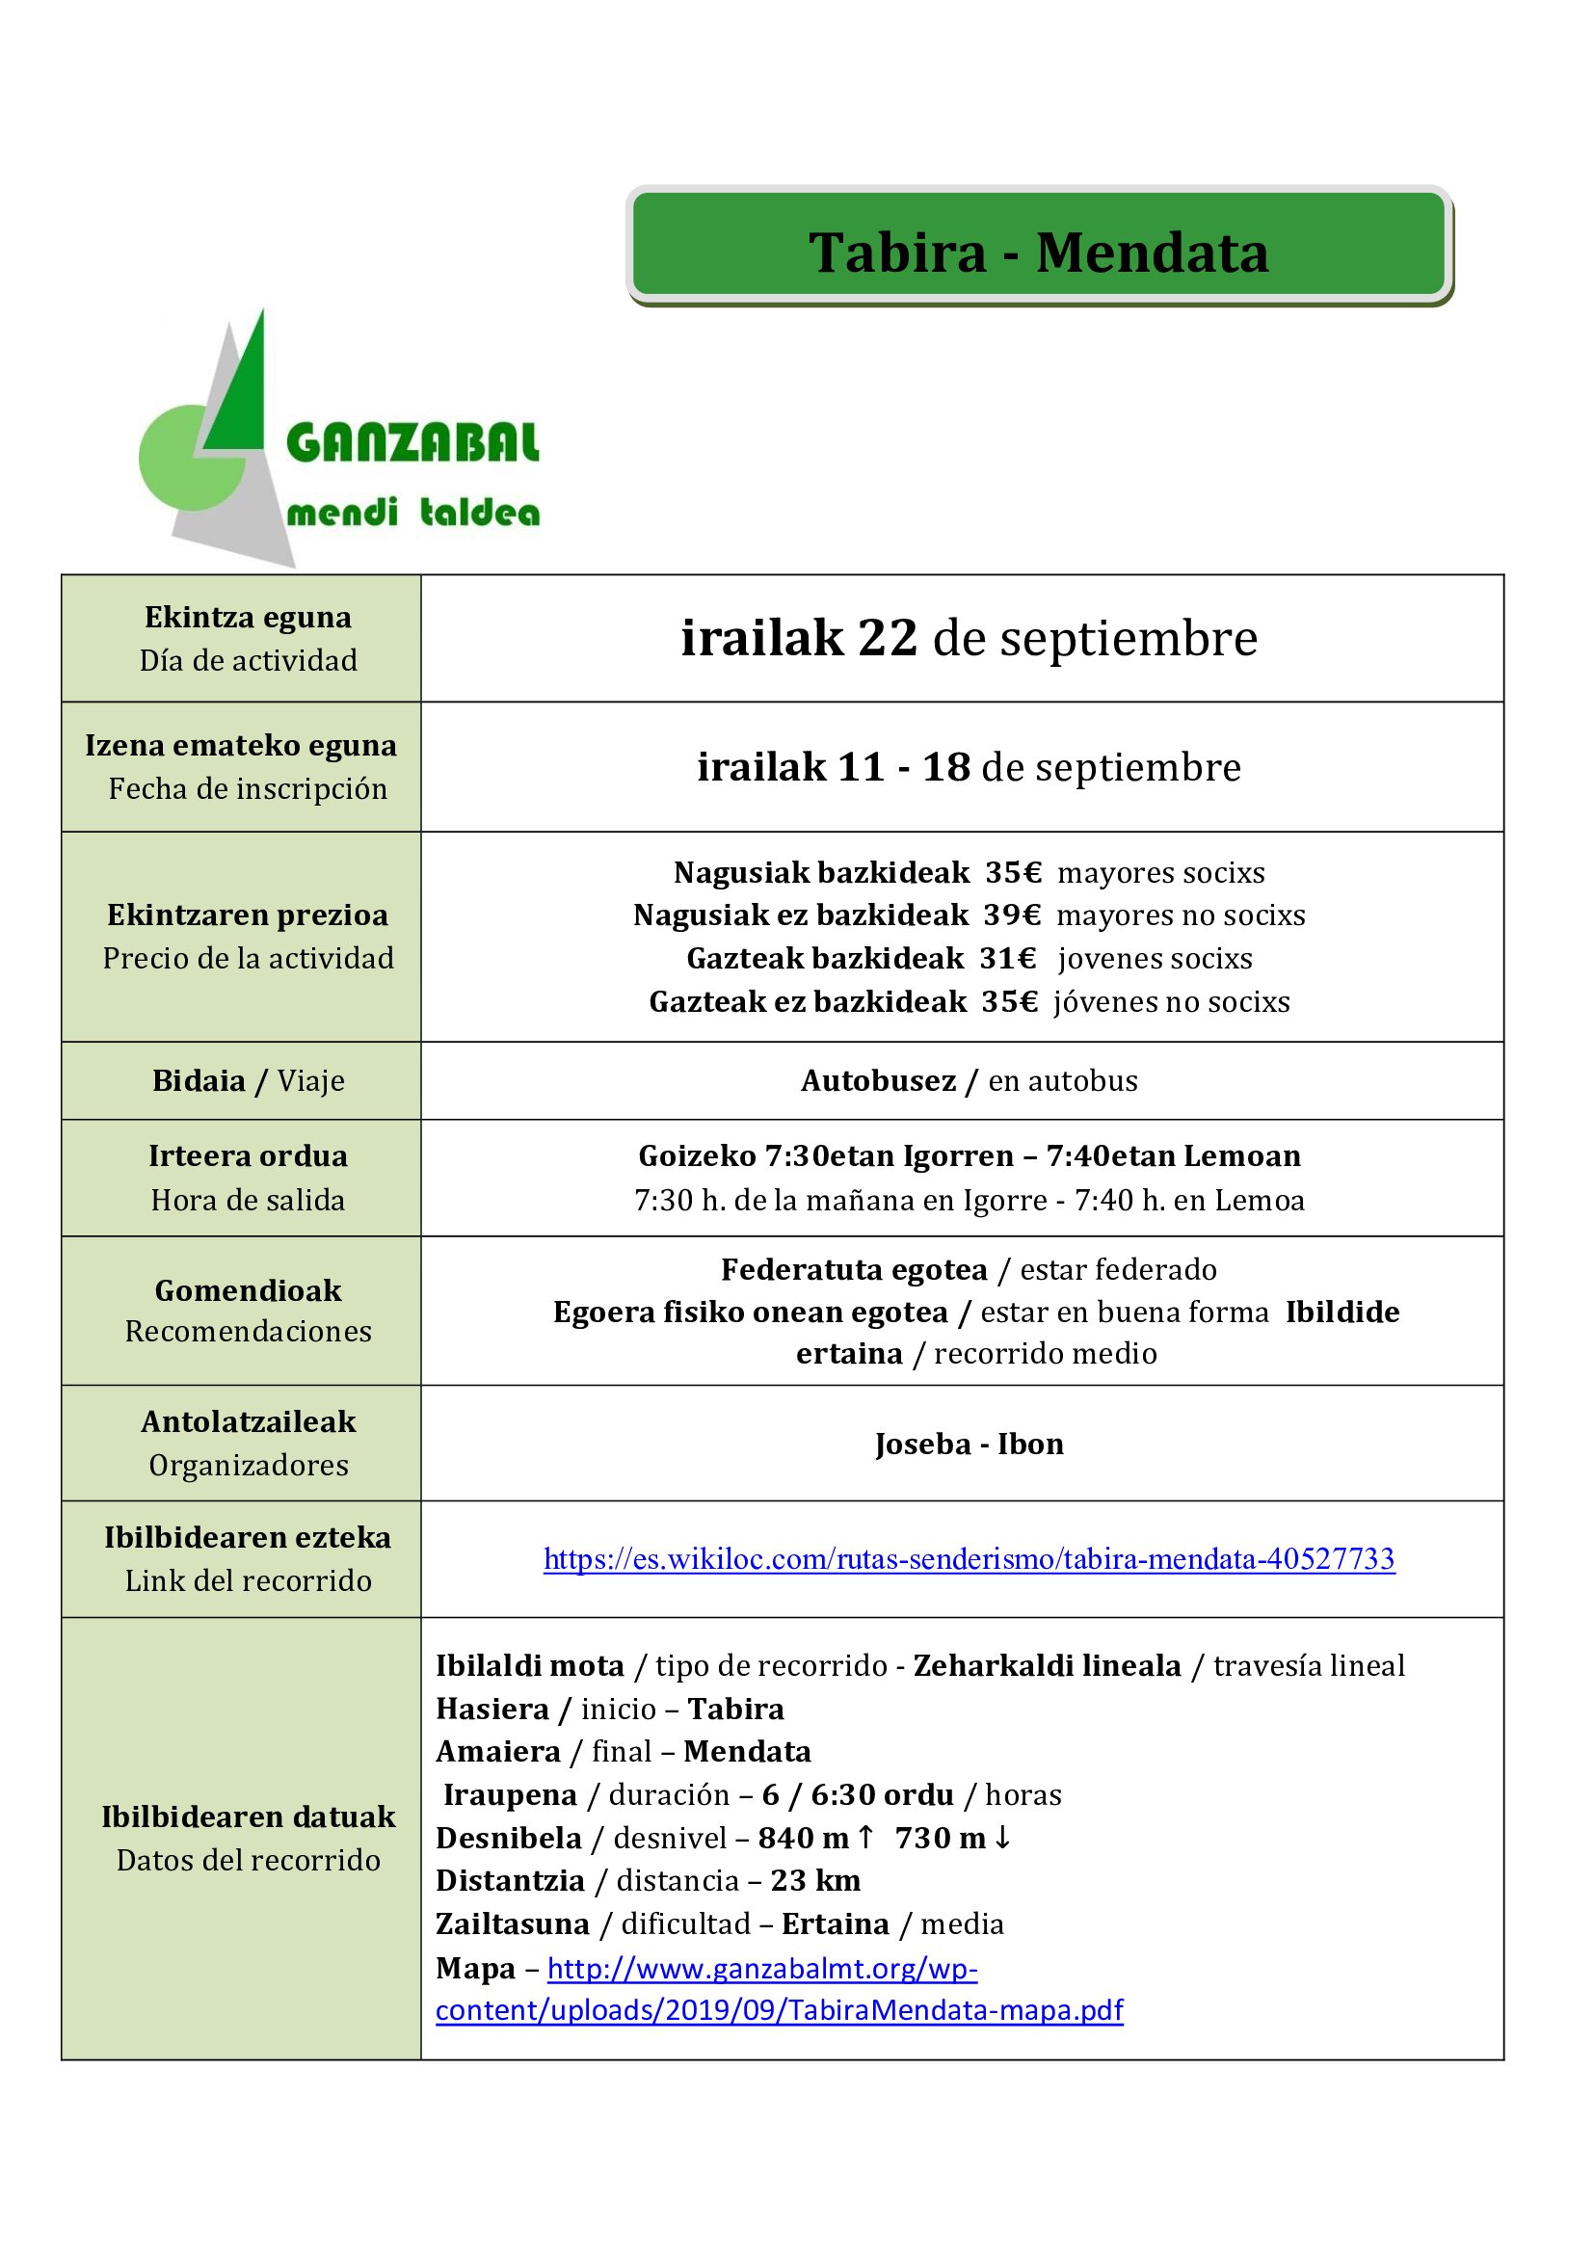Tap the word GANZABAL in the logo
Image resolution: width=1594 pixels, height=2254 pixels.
[x=412, y=442]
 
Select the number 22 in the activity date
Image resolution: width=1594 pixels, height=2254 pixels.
[x=888, y=638]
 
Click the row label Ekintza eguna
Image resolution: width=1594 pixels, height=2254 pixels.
[x=248, y=618]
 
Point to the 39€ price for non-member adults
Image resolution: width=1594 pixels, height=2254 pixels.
[x=1012, y=915]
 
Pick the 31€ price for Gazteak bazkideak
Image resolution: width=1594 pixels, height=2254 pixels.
[x=1008, y=958]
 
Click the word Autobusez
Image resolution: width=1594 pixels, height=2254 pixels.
[x=878, y=1081]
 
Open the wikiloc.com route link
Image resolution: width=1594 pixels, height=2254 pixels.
[x=969, y=1559]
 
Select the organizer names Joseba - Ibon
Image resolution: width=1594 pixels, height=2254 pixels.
[x=969, y=1445]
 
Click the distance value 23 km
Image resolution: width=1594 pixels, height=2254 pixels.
[x=815, y=1881]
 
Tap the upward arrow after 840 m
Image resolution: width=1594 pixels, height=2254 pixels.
[x=865, y=1837]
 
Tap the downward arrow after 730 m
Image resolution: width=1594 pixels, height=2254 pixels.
[x=1002, y=1837]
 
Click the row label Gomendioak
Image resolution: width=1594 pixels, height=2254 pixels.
[x=248, y=1290]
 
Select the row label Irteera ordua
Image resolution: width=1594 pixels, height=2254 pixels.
[x=248, y=1156]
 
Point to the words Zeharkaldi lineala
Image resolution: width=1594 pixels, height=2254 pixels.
[x=1047, y=1666]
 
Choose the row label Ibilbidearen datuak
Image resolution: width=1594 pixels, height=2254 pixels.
[x=248, y=1817]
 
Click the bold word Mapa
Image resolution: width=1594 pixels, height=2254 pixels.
[x=475, y=1969]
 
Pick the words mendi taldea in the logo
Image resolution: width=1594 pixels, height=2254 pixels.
[x=412, y=513]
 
